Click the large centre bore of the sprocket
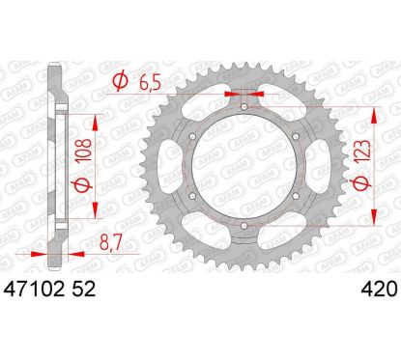tap(244, 166)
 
